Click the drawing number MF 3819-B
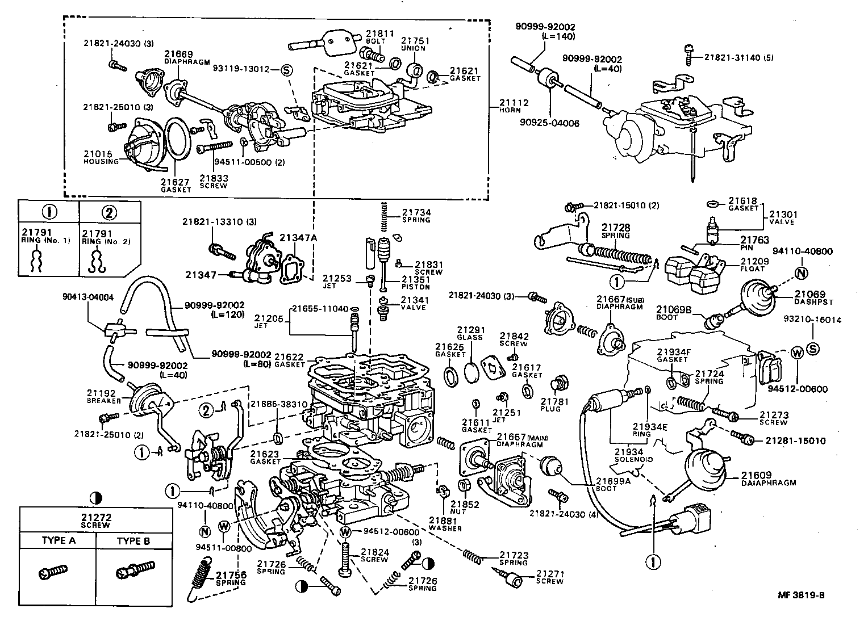click(x=800, y=595)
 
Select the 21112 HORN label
click(x=514, y=106)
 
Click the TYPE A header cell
click(x=58, y=540)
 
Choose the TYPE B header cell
click(x=133, y=540)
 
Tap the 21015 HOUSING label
click(x=101, y=157)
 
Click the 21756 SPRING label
click(x=231, y=578)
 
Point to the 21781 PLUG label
click(x=550, y=405)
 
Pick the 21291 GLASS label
click(x=470, y=333)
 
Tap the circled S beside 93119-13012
click(x=286, y=70)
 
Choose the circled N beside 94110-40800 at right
click(x=802, y=273)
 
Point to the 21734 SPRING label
click(x=416, y=215)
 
